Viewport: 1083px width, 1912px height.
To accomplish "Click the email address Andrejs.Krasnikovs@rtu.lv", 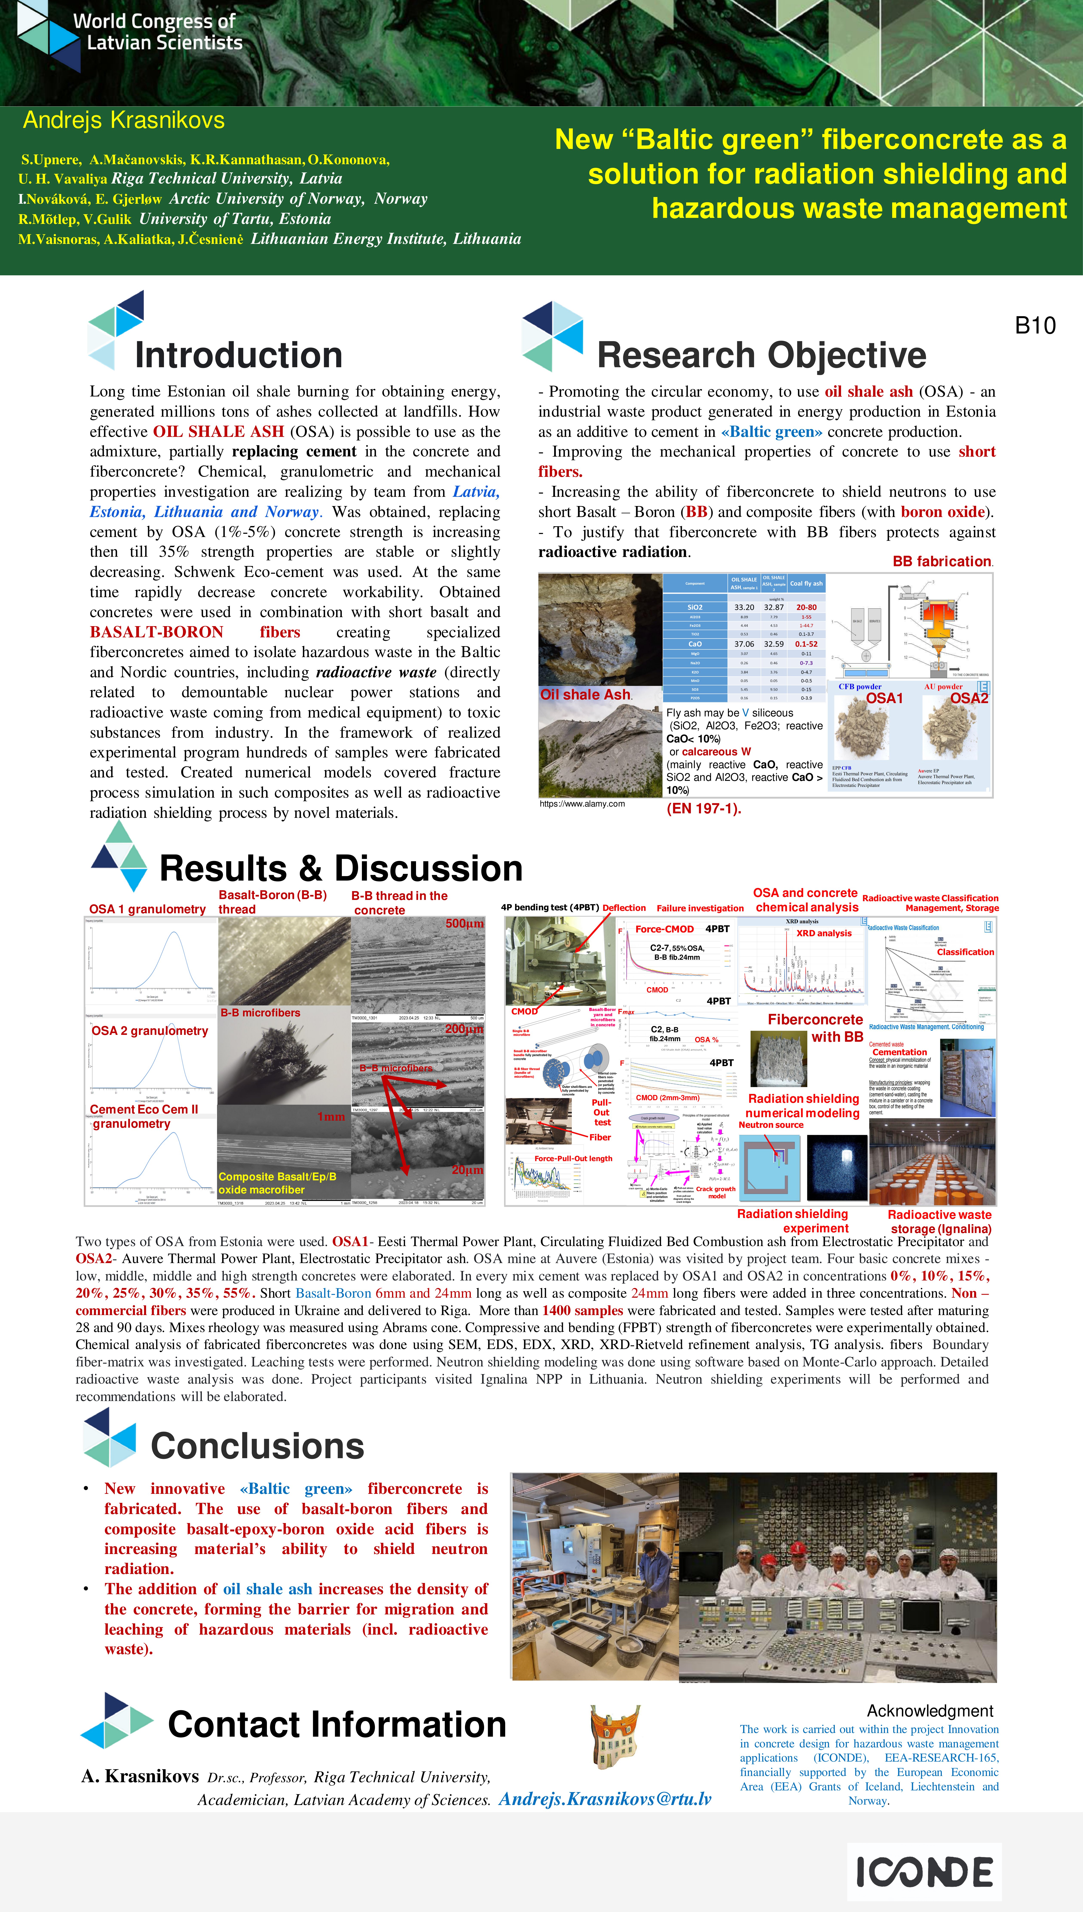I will [x=605, y=1799].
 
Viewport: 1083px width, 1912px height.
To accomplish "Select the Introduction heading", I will [x=238, y=355].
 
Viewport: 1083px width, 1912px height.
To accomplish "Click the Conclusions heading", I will [x=257, y=1446].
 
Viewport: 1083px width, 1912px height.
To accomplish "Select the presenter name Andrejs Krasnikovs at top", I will [x=124, y=120].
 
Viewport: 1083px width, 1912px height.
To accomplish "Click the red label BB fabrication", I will [x=942, y=561].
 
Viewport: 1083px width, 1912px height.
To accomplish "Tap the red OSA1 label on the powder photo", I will [x=884, y=698].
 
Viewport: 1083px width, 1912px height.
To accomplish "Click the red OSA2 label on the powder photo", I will [x=969, y=698].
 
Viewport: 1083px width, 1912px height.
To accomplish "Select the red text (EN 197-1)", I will [x=704, y=808].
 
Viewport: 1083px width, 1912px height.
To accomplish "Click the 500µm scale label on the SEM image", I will [x=464, y=924].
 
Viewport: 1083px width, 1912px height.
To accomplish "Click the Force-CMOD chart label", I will [x=664, y=929].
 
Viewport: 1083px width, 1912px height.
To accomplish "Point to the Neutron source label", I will [x=771, y=1124].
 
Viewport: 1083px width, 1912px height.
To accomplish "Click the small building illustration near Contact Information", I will [x=614, y=1736].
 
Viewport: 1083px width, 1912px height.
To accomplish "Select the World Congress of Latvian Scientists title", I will [x=158, y=32].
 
